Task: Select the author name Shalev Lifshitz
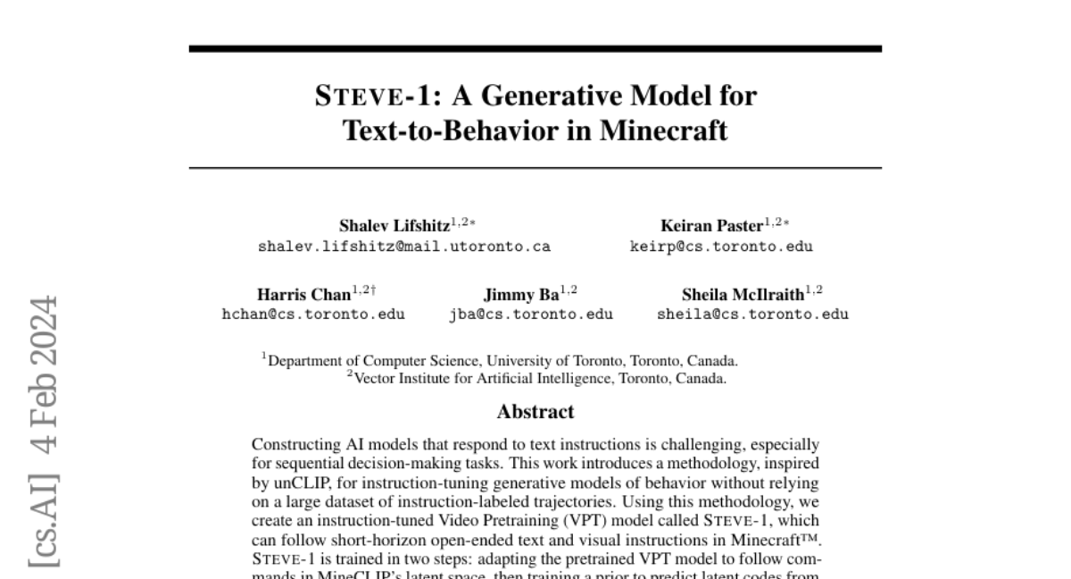click(394, 226)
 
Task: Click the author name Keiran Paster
click(712, 226)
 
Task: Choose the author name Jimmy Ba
click(521, 294)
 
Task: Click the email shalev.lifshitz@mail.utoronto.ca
click(404, 247)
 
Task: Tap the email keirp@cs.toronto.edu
click(721, 247)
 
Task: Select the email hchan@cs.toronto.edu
click(313, 315)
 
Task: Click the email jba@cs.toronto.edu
click(531, 315)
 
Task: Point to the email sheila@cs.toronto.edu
click(752, 315)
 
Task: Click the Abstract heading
click(535, 412)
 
